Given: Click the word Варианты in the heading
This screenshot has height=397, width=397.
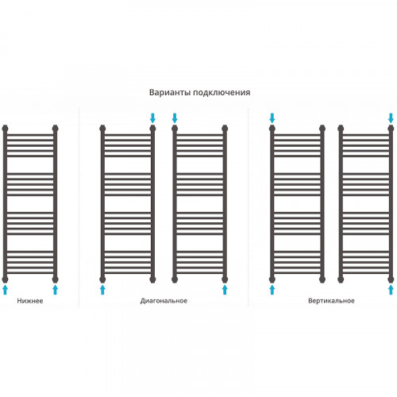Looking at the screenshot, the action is click(x=170, y=92).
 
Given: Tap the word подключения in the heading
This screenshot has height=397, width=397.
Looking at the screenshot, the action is click(x=222, y=93).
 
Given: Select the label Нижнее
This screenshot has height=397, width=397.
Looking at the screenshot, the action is click(x=30, y=301).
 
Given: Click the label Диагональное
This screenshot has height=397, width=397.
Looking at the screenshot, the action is click(x=164, y=301).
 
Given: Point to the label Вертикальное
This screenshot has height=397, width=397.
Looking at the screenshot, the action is click(x=331, y=301).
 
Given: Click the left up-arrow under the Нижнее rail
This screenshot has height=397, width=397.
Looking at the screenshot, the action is click(x=5, y=290).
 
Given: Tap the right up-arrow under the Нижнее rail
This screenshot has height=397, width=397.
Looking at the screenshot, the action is click(x=55, y=290).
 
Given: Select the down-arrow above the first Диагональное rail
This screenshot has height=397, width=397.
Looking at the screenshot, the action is click(x=152, y=118).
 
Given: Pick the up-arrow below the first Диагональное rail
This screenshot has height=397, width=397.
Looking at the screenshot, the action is click(x=102, y=290).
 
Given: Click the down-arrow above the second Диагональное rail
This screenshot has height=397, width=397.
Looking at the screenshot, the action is click(x=175, y=118).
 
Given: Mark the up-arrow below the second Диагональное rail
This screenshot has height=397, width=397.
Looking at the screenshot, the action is click(x=225, y=290).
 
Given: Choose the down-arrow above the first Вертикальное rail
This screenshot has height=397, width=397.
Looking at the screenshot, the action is click(x=272, y=118).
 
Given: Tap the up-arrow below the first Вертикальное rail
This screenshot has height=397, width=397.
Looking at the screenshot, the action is click(x=272, y=290).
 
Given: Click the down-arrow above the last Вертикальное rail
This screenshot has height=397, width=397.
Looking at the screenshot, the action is click(x=391, y=118).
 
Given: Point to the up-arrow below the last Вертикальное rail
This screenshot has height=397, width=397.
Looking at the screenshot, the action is click(x=391, y=290).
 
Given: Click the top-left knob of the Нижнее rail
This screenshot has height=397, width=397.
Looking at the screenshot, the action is click(x=5, y=129).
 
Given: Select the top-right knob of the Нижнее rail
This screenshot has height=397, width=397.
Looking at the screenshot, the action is click(x=55, y=129).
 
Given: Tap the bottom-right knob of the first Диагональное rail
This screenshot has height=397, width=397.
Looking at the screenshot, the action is click(x=152, y=279).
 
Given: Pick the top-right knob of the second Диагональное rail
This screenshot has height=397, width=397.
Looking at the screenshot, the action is click(x=225, y=129).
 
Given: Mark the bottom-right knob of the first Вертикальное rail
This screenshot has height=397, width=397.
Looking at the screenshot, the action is click(x=322, y=279).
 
